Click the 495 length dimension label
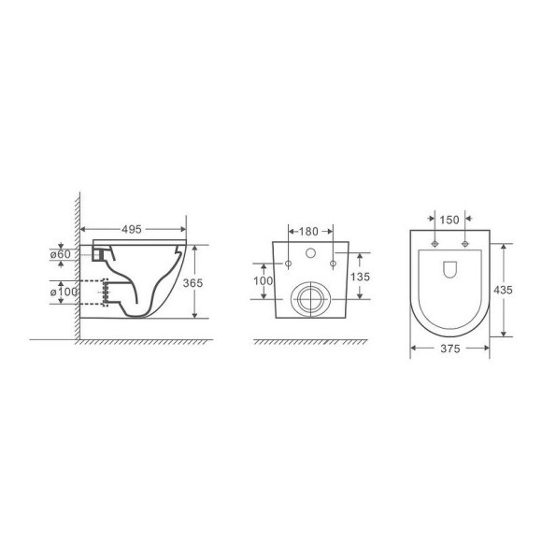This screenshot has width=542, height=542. click(132, 229)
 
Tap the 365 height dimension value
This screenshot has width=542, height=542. click(193, 283)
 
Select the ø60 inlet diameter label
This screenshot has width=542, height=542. click(61, 254)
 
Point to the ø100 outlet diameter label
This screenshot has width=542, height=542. click(64, 292)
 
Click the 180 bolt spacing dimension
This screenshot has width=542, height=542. click(308, 231)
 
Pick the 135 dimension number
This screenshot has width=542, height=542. click(360, 277)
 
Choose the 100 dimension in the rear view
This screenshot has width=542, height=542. click(263, 280)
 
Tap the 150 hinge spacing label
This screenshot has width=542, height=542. click(449, 220)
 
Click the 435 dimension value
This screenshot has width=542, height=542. click(503, 290)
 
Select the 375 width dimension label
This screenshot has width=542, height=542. click(450, 349)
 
